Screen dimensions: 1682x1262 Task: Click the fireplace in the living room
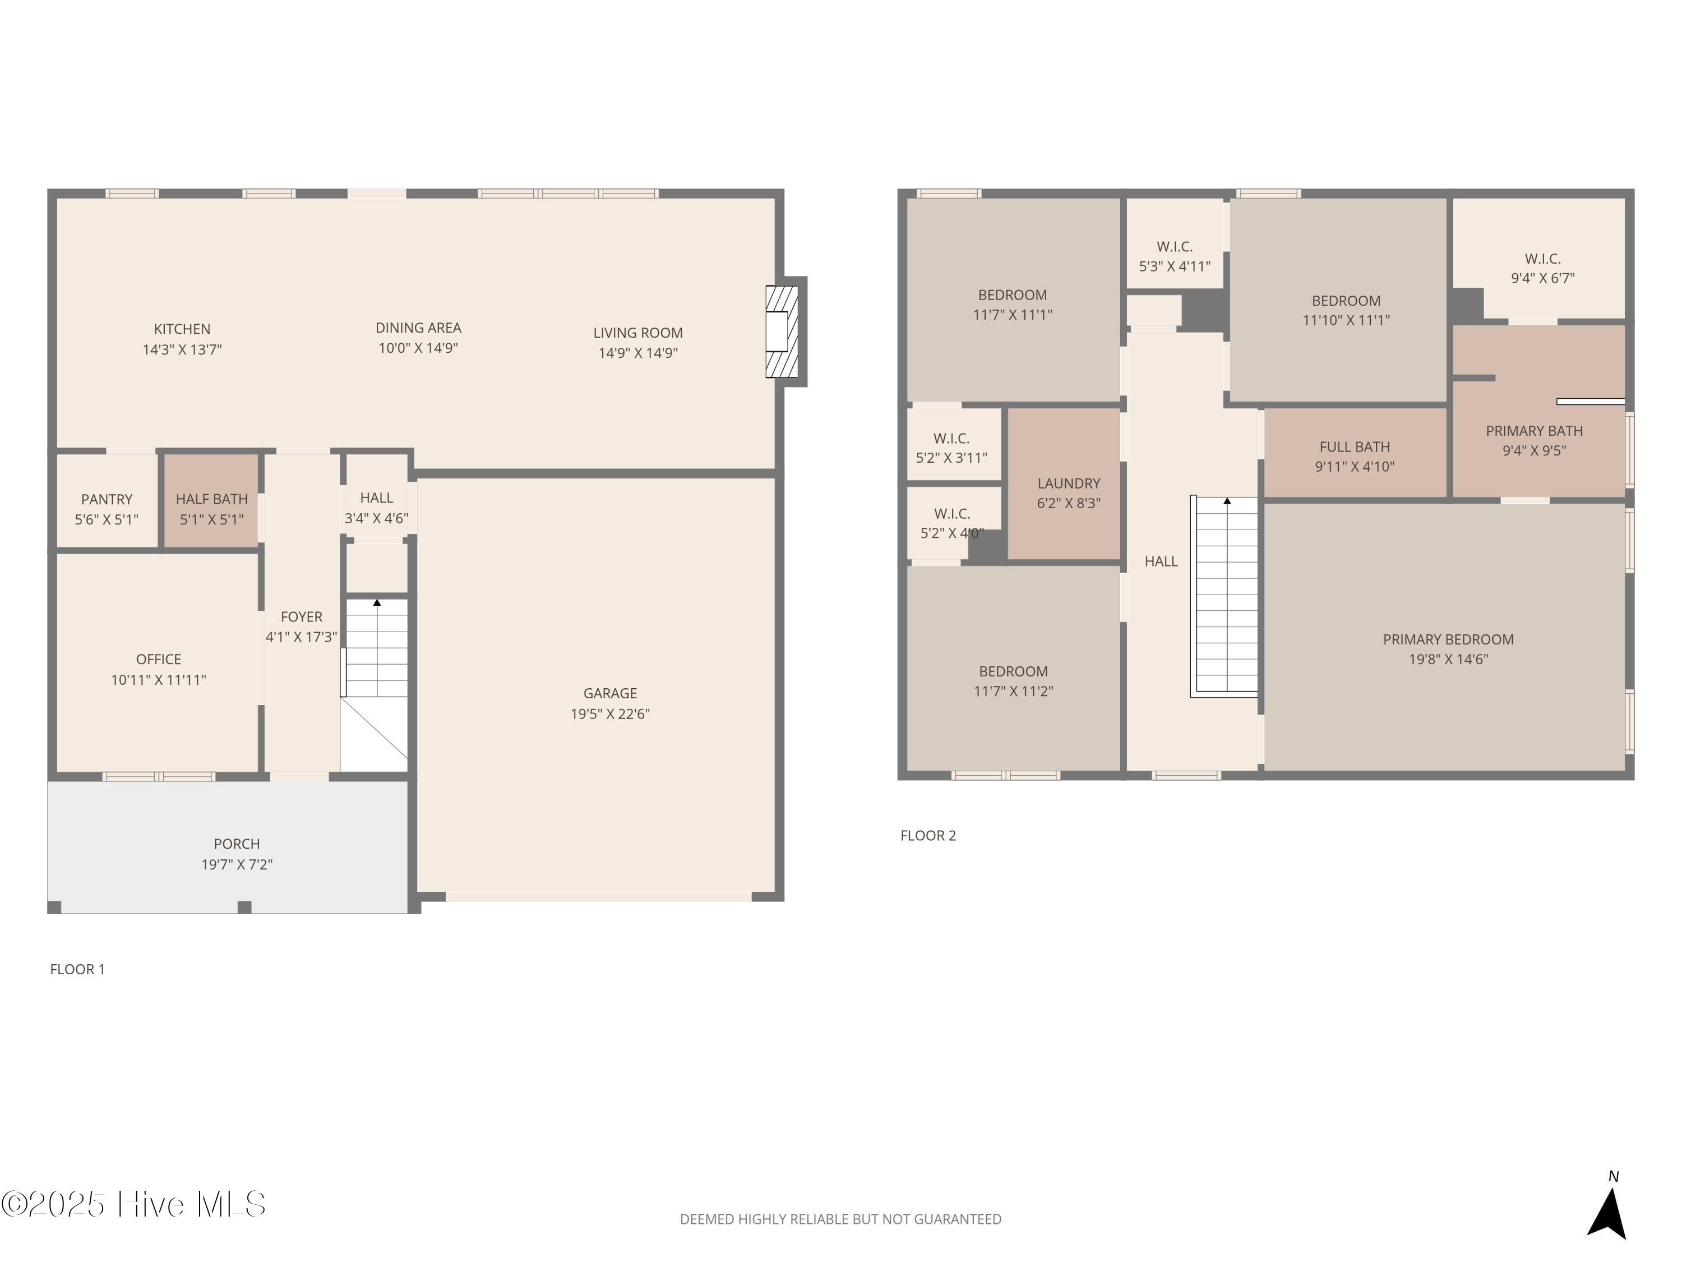pos(782,331)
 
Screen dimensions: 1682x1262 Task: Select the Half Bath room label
pos(211,499)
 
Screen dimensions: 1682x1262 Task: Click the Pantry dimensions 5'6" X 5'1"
pos(107,519)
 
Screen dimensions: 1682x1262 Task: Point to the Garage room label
pos(610,693)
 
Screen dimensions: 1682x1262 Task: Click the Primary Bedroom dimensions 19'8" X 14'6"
pos(1448,660)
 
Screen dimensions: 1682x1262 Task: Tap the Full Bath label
pos(1354,447)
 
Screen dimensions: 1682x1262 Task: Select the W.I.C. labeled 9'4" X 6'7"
pos(1539,259)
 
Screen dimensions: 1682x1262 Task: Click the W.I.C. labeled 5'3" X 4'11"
pos(1175,243)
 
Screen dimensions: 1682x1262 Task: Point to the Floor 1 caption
pos(77,969)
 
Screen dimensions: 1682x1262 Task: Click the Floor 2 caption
pos(928,835)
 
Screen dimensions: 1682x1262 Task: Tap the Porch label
pos(237,844)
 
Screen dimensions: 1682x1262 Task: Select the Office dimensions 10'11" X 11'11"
pos(159,680)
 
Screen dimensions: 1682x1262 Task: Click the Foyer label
pos(301,617)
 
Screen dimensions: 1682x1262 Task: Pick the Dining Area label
pos(418,328)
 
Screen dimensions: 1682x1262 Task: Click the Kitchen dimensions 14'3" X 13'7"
pos(182,349)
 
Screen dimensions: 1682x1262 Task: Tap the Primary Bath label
pos(1534,431)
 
